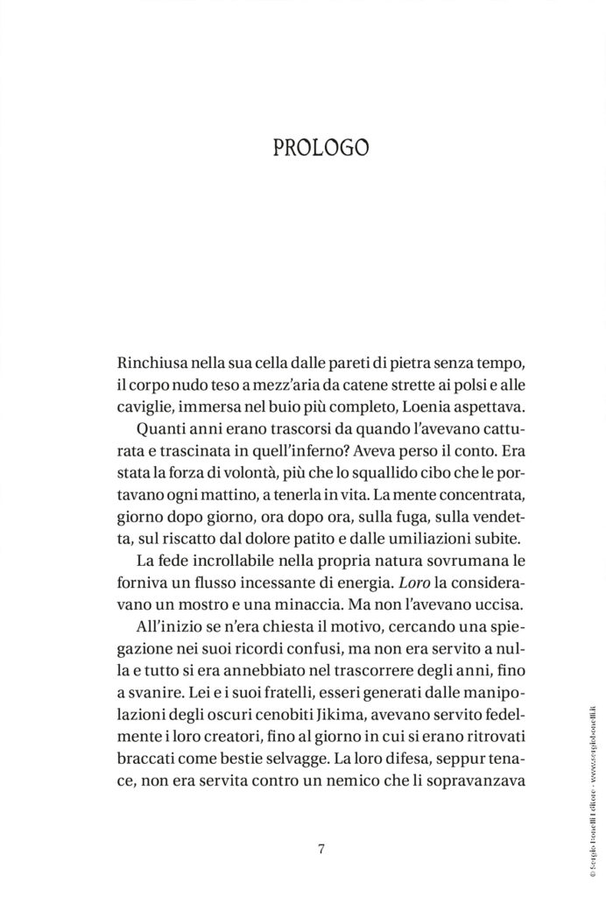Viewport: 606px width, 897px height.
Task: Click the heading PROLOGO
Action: click(320, 145)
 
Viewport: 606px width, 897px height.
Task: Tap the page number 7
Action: click(321, 848)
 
